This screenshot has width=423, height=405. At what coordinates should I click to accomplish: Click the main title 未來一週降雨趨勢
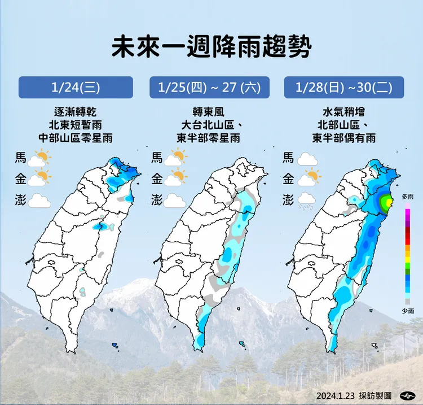click(x=211, y=47)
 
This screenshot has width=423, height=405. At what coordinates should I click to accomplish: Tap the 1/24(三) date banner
click(x=76, y=88)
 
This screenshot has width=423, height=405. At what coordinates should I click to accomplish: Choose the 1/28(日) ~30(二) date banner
click(x=343, y=88)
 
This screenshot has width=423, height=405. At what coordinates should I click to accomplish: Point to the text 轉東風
click(x=208, y=111)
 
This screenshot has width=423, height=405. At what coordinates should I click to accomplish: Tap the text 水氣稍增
click(x=343, y=111)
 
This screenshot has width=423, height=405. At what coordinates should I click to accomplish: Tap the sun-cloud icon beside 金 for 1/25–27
click(x=176, y=178)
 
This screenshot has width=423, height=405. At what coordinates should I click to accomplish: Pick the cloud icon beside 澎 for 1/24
click(x=39, y=200)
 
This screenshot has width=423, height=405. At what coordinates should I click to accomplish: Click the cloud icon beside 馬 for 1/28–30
click(x=308, y=159)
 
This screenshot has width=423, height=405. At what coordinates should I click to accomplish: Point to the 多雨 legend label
click(x=408, y=197)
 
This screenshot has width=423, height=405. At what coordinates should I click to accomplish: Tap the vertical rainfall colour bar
click(x=408, y=254)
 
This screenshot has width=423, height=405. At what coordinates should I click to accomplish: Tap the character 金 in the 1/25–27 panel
click(x=157, y=179)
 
